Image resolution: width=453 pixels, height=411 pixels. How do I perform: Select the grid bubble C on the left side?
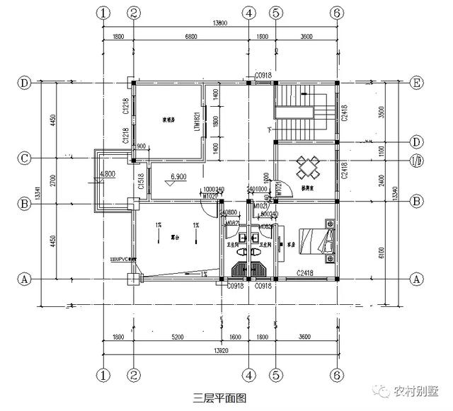point(25,158)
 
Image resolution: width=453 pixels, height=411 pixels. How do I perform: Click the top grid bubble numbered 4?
point(248,13)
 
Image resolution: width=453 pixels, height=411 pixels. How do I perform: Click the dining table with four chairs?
point(309,168)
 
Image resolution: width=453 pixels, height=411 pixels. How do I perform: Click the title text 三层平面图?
point(219,398)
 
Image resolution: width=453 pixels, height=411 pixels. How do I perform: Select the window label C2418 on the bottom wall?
point(305,272)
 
